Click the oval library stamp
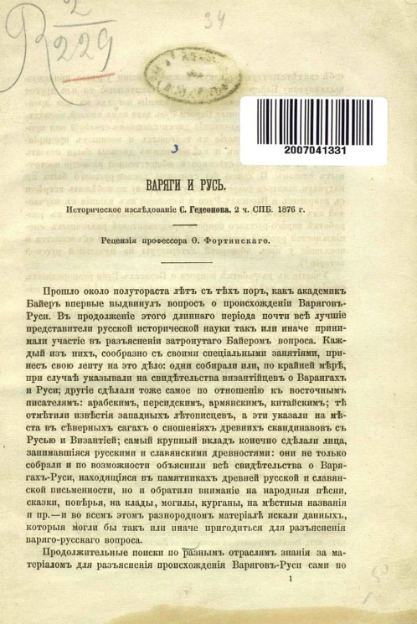190,74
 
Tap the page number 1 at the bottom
290,601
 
